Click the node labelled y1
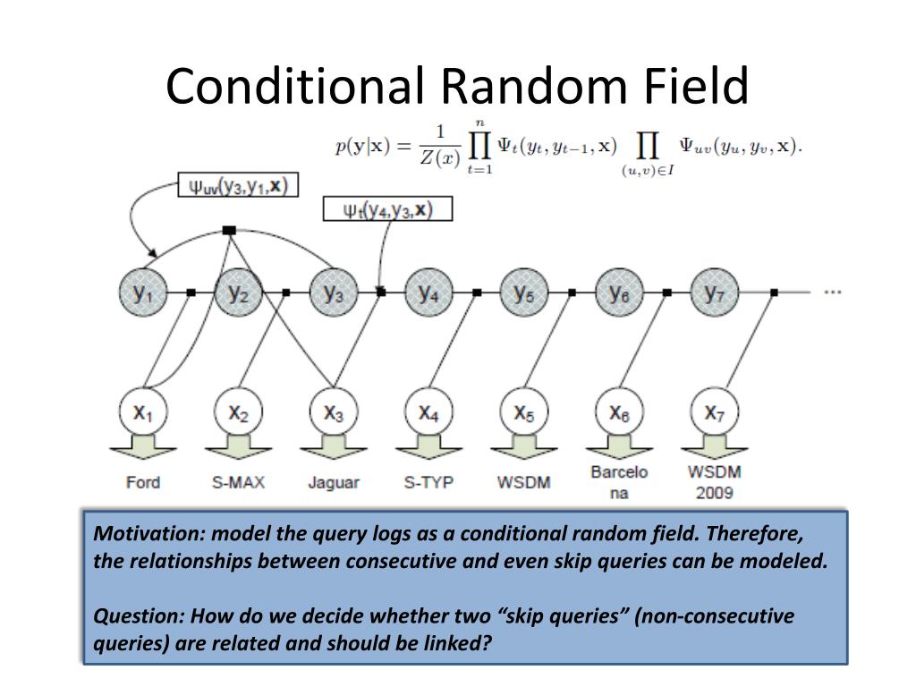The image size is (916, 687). (x=143, y=293)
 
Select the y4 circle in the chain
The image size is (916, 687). (x=428, y=293)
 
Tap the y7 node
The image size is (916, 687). (x=714, y=293)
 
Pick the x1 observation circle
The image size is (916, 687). (x=143, y=412)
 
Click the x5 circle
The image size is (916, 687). (x=524, y=412)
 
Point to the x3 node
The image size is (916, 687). (x=334, y=412)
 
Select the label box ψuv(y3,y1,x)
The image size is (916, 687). (x=237, y=185)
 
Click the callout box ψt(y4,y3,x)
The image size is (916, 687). (x=386, y=210)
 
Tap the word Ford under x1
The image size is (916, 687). (x=143, y=482)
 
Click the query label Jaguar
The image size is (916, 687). (x=334, y=482)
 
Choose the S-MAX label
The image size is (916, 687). (x=238, y=482)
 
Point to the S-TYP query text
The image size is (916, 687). (x=428, y=482)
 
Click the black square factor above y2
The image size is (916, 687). (x=229, y=230)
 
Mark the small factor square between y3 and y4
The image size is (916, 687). (x=381, y=292)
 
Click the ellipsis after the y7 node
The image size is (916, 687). (x=832, y=292)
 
